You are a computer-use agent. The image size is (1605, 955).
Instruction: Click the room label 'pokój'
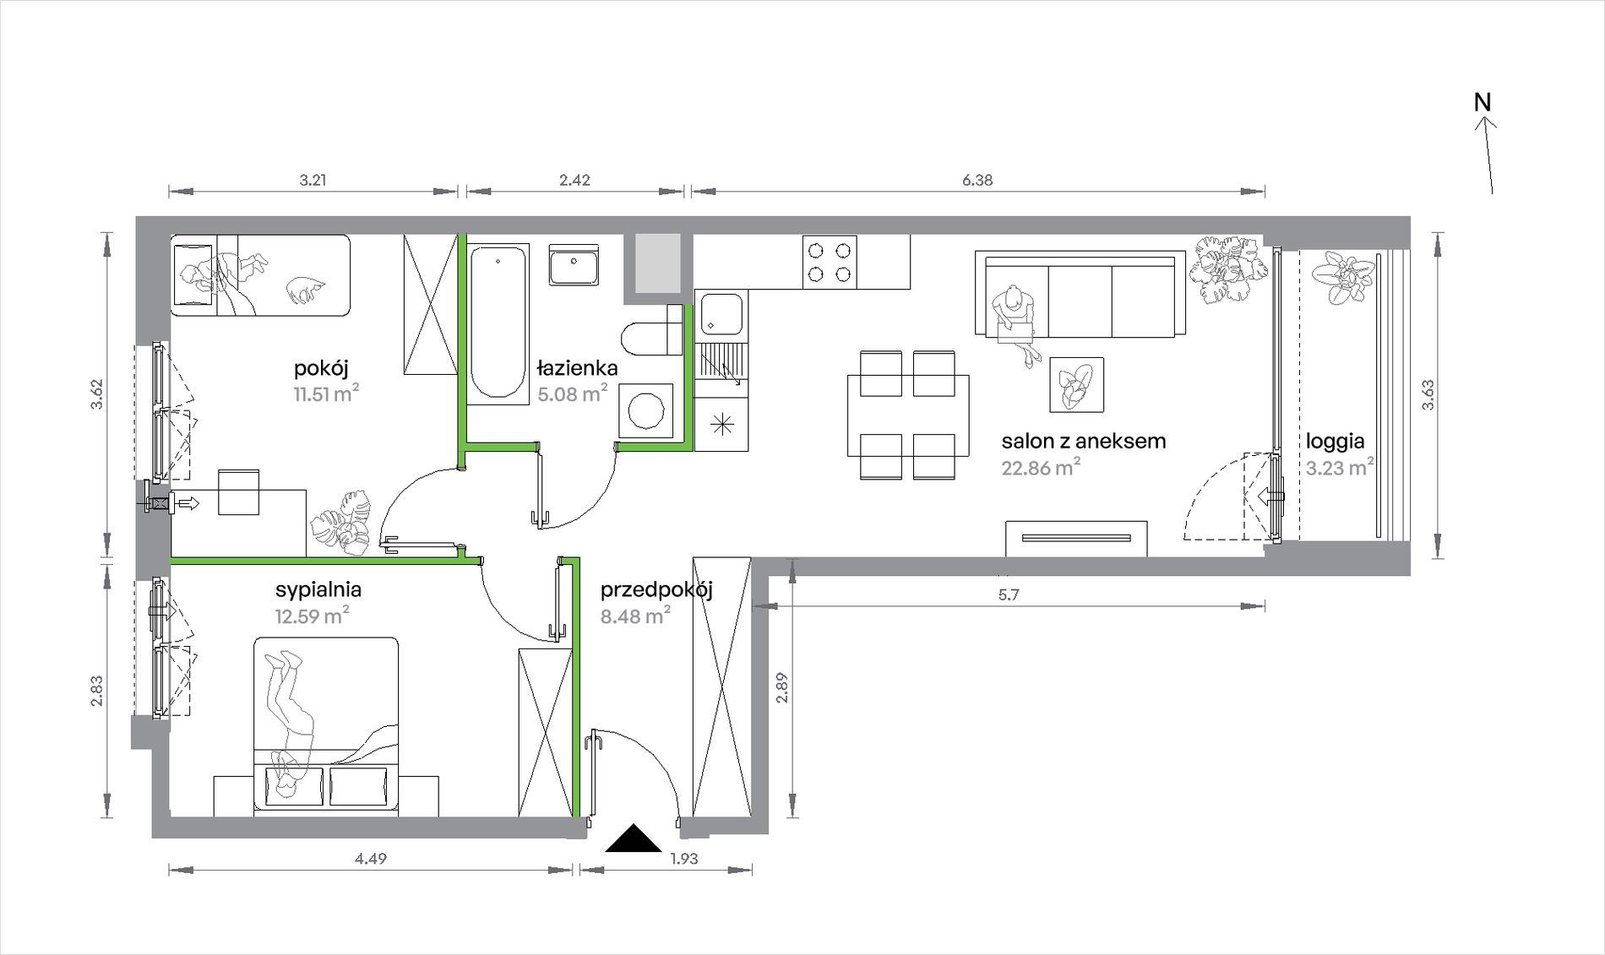(x=321, y=369)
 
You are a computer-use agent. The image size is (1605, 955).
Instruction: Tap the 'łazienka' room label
(x=578, y=368)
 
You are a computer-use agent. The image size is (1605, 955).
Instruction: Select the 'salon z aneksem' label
(x=1084, y=441)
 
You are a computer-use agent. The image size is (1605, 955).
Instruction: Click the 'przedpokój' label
(x=656, y=590)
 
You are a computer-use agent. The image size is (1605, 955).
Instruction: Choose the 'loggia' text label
(x=1336, y=442)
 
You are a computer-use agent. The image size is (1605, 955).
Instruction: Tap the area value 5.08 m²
(x=573, y=393)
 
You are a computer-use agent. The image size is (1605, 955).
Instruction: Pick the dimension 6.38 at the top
(x=977, y=180)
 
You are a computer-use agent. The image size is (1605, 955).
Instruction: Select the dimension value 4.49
(x=371, y=859)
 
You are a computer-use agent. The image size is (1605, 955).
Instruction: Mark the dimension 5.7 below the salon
(x=1009, y=594)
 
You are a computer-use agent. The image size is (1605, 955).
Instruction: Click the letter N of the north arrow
(x=1483, y=102)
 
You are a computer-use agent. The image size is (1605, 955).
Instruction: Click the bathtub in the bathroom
(x=498, y=321)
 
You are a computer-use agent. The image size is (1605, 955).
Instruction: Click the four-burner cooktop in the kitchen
(x=829, y=262)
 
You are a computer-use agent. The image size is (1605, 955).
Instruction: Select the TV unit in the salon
(x=1076, y=539)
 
